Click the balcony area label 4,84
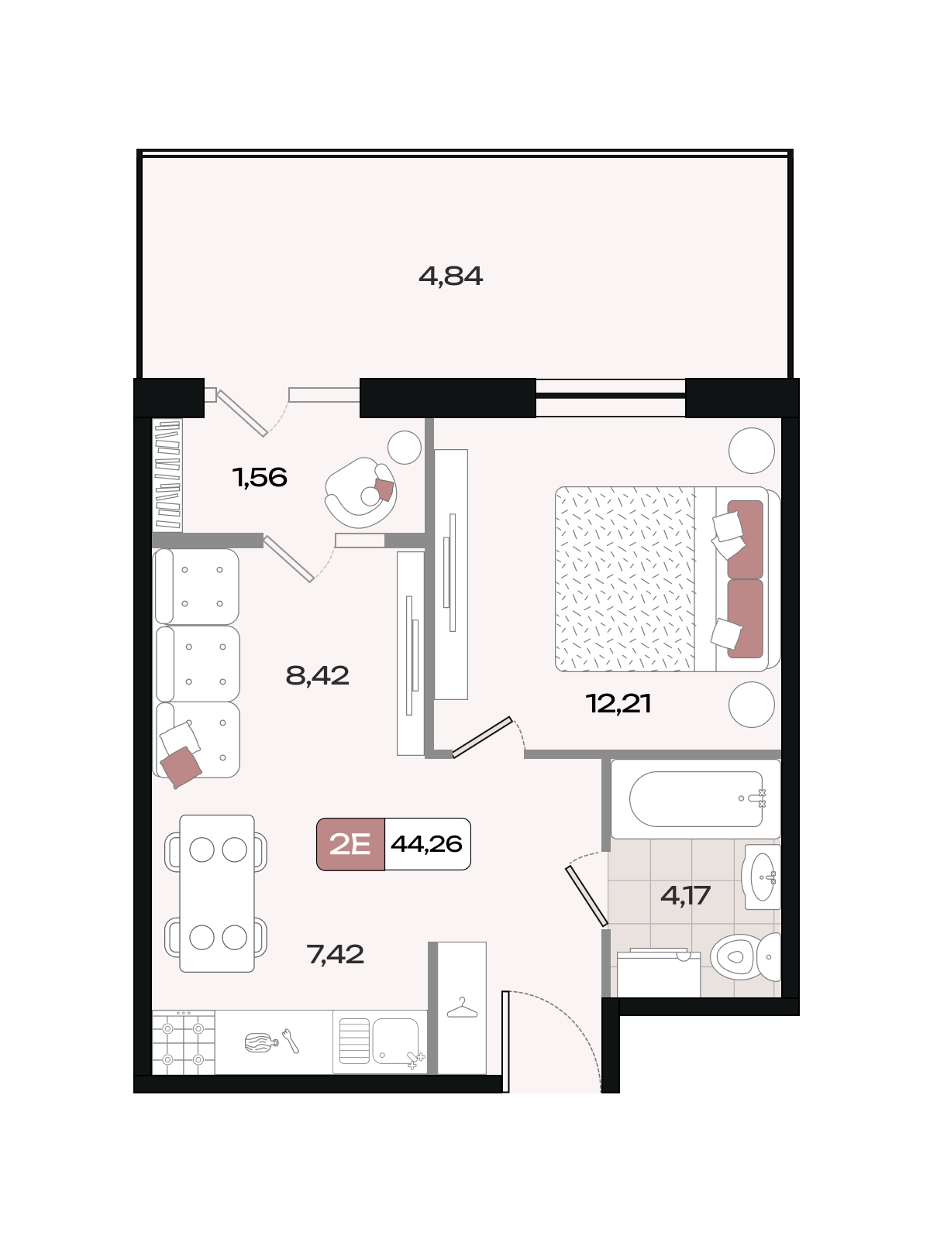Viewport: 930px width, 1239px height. [x=450, y=276]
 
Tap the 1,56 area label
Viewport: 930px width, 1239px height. [x=260, y=478]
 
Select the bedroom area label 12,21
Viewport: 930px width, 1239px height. [x=618, y=704]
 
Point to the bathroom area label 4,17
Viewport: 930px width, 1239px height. [x=685, y=895]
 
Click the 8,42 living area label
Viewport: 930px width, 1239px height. [x=317, y=676]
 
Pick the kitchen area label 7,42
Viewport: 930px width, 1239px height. [x=336, y=955]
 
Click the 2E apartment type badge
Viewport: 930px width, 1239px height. [x=350, y=844]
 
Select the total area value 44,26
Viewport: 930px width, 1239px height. [x=427, y=844]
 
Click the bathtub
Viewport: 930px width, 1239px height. [x=696, y=798]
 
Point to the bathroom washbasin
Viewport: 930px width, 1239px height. [x=763, y=877]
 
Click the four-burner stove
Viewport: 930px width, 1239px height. [x=184, y=1042]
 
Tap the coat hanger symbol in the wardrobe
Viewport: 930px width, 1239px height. [x=462, y=1007]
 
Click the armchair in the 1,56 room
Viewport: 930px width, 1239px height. [x=361, y=493]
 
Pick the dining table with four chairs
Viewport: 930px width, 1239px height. [x=216, y=894]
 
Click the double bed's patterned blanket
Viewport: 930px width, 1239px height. [x=625, y=579]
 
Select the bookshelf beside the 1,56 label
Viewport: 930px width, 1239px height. [x=167, y=475]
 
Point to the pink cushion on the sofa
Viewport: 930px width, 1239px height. [x=181, y=767]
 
